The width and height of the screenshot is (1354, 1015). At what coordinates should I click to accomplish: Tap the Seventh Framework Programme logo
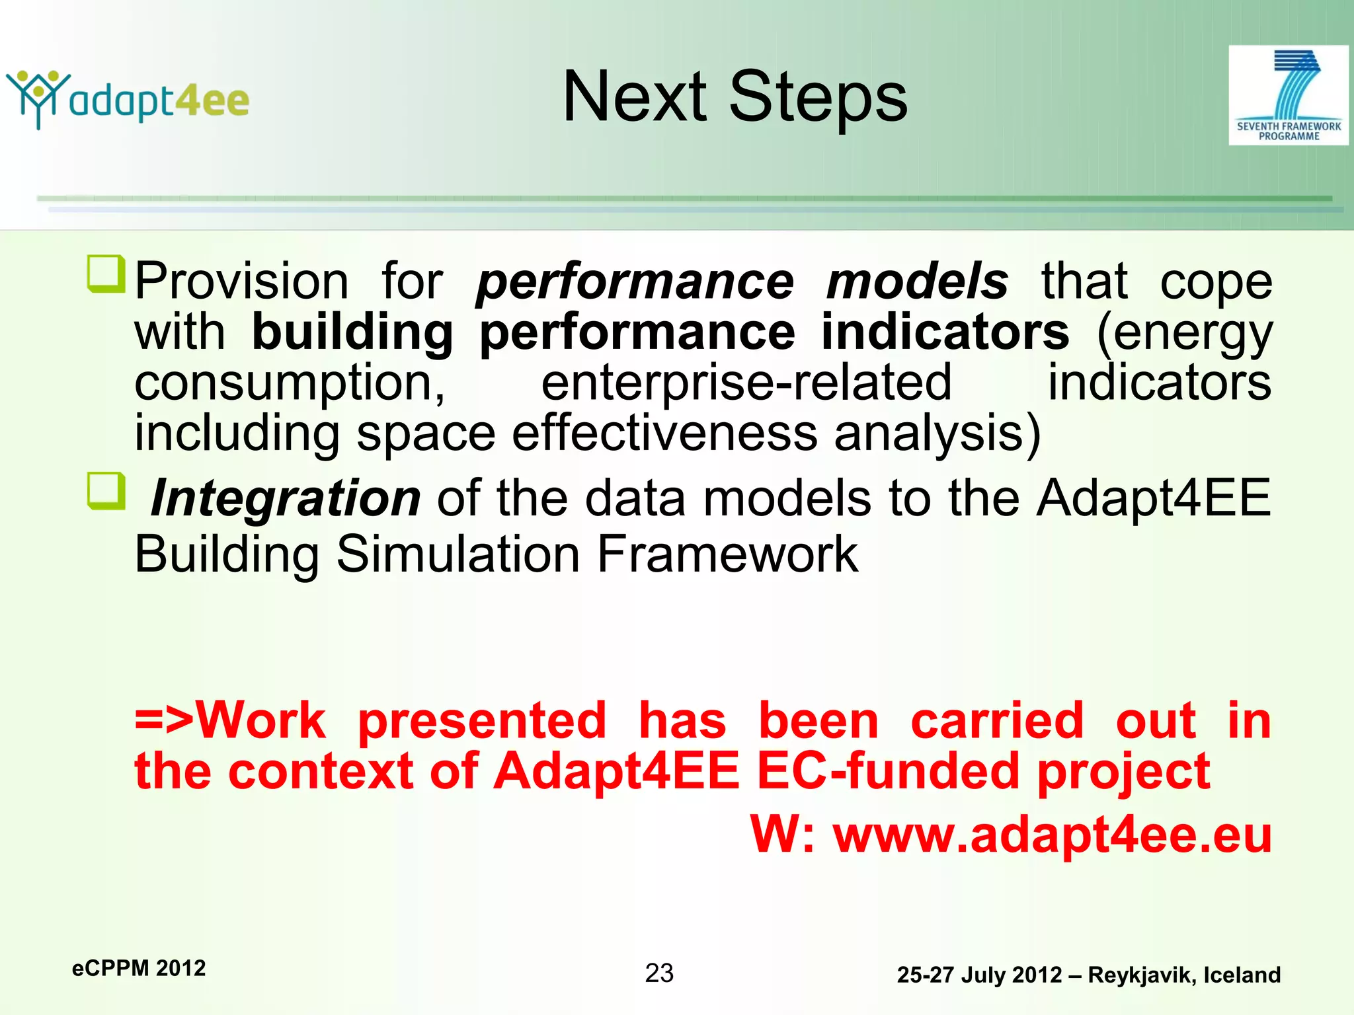[1288, 95]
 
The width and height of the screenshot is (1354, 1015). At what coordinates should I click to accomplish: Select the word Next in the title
[634, 97]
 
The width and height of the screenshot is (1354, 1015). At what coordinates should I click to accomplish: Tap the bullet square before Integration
[106, 490]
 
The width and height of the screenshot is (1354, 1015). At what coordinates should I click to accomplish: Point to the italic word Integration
[286, 498]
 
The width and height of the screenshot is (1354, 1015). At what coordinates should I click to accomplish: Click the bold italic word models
[917, 282]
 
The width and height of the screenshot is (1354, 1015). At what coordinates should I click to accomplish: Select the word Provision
[241, 282]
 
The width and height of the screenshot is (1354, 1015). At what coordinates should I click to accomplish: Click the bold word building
[352, 332]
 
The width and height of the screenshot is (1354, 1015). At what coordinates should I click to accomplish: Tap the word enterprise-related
[746, 383]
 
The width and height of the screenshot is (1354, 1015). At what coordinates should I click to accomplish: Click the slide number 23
[659, 973]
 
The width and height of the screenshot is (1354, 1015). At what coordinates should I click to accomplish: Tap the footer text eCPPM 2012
[139, 968]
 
